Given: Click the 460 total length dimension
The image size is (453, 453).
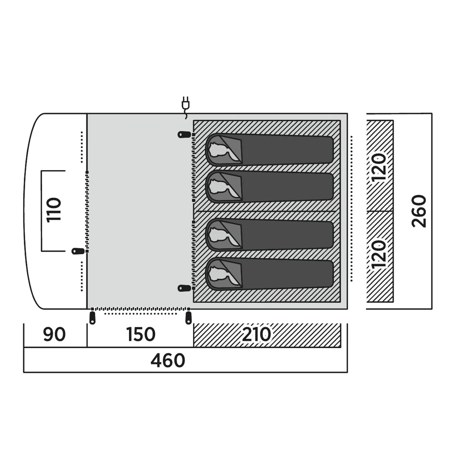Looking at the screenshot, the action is (x=168, y=361).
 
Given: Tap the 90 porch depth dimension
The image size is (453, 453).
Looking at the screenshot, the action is (x=54, y=334).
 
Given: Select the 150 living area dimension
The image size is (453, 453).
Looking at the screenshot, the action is (x=141, y=334).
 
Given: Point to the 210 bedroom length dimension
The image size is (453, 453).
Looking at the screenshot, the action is (x=256, y=334).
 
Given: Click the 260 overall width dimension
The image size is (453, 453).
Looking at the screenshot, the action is (x=419, y=211).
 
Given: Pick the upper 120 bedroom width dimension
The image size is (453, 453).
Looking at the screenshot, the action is (x=379, y=167).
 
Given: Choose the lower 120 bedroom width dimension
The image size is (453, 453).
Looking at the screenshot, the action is (x=379, y=254).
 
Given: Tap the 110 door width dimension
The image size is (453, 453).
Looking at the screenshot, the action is (x=54, y=210).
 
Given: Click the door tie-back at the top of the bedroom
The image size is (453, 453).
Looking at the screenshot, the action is (x=184, y=135).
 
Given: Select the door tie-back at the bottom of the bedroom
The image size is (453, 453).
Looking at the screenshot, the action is (x=184, y=288).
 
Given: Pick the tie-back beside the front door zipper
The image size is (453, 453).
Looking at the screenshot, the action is (x=78, y=251).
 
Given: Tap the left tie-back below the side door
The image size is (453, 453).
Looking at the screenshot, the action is (x=92, y=318).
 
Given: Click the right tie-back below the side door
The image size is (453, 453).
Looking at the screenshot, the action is (x=188, y=318).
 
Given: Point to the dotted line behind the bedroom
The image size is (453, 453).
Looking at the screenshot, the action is (x=351, y=208).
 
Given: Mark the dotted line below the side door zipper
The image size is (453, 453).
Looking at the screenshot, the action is (x=140, y=314).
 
